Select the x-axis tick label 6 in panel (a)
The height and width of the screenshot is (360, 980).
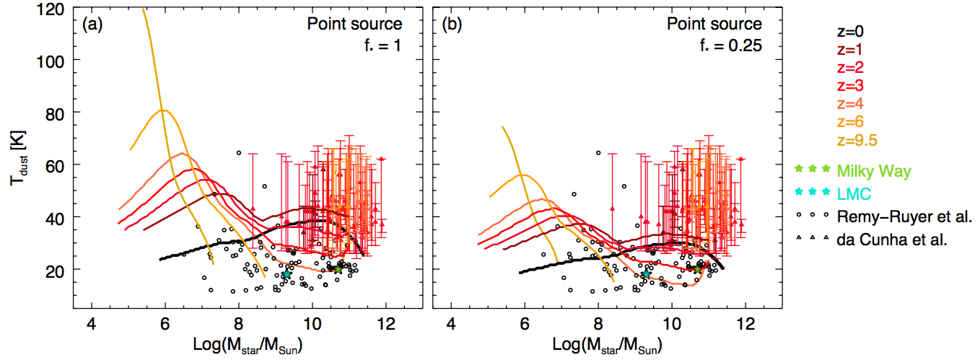pos(165,320)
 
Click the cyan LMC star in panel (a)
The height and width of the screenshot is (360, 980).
pos(286,275)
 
